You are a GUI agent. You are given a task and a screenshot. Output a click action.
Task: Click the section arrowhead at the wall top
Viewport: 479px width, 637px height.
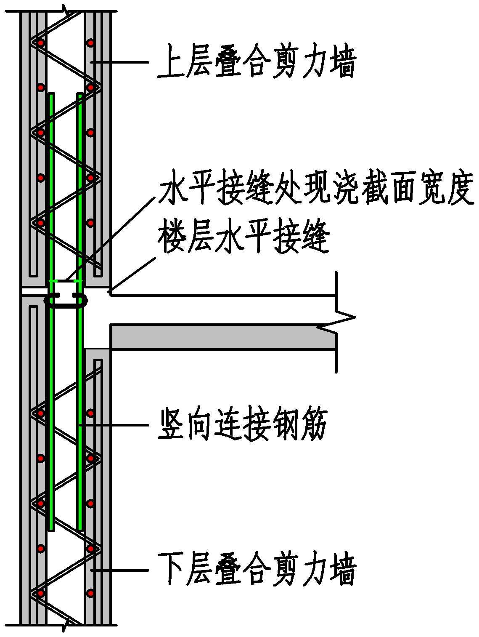pos(65,11)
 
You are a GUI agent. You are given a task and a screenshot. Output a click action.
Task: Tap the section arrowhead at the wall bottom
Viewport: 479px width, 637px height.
pos(65,625)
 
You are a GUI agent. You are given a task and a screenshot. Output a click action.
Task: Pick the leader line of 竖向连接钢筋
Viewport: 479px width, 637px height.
pos(118,425)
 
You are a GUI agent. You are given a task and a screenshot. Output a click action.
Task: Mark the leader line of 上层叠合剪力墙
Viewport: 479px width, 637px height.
pos(122,62)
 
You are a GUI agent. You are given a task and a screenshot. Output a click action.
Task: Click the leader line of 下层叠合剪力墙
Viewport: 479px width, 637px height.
pos(122,570)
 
